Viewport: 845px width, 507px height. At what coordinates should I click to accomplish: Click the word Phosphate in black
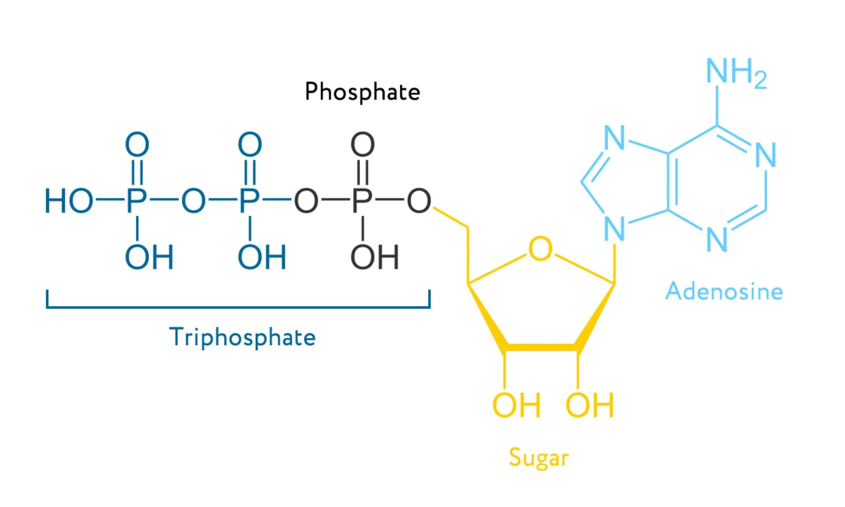pyautogui.click(x=362, y=92)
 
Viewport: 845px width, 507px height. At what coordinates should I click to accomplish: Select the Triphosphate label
pyautogui.click(x=242, y=338)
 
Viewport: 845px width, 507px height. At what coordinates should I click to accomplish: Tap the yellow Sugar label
pyautogui.click(x=539, y=458)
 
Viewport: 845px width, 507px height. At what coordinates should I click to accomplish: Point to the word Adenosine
pyautogui.click(x=724, y=291)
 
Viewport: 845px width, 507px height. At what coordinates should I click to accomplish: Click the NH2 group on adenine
pyautogui.click(x=736, y=73)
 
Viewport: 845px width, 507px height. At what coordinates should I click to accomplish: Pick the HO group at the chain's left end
pyautogui.click(x=69, y=201)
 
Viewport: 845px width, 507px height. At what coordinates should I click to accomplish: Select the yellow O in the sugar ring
pyautogui.click(x=540, y=248)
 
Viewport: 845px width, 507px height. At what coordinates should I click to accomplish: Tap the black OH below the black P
pyautogui.click(x=375, y=257)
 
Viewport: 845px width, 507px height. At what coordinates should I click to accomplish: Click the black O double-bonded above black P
pyautogui.click(x=362, y=144)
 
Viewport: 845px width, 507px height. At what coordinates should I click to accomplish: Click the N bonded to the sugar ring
pyautogui.click(x=614, y=229)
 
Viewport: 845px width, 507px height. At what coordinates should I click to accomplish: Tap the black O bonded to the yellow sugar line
pyautogui.click(x=419, y=201)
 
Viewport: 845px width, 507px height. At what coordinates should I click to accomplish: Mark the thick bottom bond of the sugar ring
pyautogui.click(x=541, y=347)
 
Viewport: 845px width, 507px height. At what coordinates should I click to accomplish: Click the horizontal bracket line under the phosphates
pyautogui.click(x=238, y=307)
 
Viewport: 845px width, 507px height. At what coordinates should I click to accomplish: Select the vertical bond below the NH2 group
pyautogui.click(x=717, y=105)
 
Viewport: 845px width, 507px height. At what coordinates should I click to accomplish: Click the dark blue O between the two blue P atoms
pyautogui.click(x=193, y=201)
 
